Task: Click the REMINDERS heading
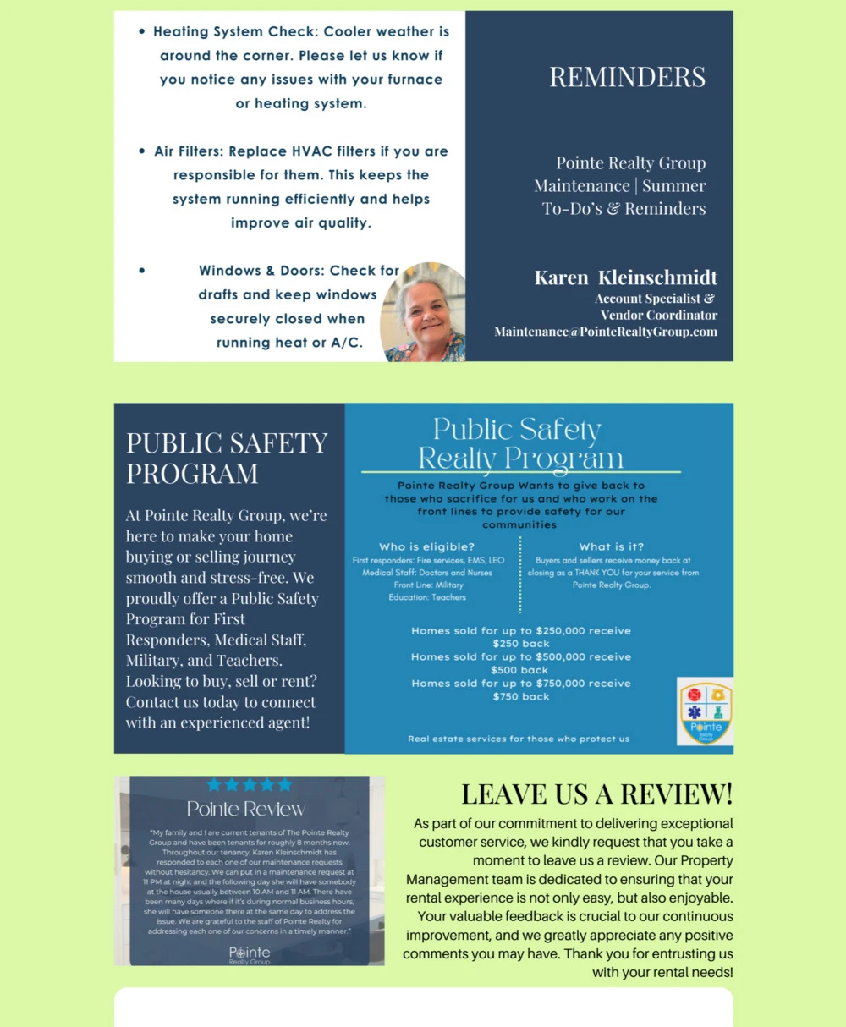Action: pos(627,77)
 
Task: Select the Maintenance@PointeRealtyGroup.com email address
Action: pos(606,332)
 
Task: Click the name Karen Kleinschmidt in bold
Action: pos(625,277)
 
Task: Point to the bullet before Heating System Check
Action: pos(141,32)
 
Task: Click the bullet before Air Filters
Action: pos(141,151)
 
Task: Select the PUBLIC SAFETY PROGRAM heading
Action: pos(227,458)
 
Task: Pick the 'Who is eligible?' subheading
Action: pos(426,546)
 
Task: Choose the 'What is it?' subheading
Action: pos(612,546)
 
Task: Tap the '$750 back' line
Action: pos(521,696)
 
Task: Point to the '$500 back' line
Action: pos(521,670)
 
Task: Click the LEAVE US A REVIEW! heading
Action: pos(596,794)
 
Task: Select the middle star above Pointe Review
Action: pos(250,785)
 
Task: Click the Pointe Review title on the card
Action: pos(246,810)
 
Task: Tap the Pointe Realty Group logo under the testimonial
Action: pos(250,956)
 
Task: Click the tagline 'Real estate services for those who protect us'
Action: pos(519,739)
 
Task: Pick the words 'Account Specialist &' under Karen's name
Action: pos(654,299)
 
